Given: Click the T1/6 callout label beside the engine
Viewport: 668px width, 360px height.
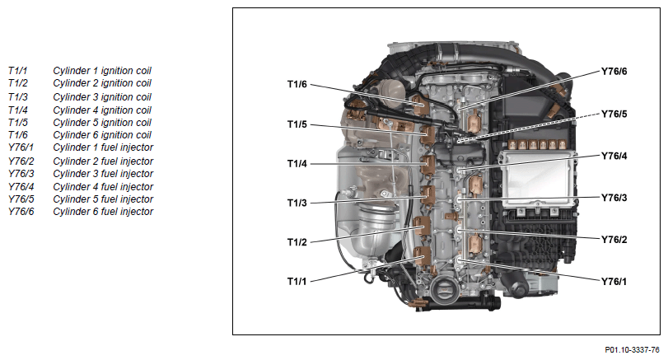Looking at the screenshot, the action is click(297, 84).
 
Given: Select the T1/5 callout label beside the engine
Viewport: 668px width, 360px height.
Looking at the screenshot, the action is click(297, 124).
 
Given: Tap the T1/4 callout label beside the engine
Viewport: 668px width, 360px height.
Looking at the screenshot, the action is click(297, 164).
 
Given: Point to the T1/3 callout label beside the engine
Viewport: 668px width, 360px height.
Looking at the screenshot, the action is click(297, 203).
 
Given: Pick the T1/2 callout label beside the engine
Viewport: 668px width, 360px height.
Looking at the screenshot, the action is click(297, 242).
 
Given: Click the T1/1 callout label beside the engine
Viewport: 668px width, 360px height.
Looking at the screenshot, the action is click(297, 281).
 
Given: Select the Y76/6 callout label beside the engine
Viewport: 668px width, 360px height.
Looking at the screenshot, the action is click(614, 72).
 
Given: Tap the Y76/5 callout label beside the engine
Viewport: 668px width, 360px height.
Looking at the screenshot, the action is click(614, 115).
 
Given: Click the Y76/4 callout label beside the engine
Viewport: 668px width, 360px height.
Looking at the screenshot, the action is click(614, 156).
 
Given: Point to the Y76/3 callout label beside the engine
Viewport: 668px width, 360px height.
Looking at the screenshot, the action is click(614, 198).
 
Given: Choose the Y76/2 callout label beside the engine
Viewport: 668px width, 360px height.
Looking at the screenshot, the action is click(614, 240).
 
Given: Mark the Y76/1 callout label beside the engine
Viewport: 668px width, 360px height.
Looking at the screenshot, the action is click(614, 281).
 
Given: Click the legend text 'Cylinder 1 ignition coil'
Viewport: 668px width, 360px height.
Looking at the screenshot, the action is click(102, 71).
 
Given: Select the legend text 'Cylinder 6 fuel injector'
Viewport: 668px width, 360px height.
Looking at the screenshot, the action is click(103, 212).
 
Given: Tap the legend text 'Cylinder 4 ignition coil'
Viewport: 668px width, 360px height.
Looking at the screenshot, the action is click(102, 110).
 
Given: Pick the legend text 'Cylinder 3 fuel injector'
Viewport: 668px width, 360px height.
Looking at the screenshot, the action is click(103, 174).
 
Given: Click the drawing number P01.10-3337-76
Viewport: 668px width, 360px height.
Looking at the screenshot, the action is click(633, 350).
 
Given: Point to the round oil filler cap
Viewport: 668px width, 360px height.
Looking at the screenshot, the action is click(443, 292).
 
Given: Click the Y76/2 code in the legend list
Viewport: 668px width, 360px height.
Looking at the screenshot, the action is click(21, 161).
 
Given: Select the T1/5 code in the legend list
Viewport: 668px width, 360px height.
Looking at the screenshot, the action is click(18, 123).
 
